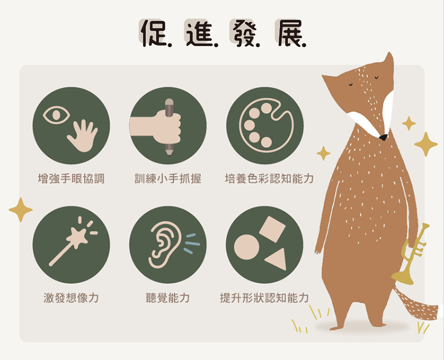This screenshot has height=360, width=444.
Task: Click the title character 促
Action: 154,33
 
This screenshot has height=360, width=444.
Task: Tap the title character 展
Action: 289,33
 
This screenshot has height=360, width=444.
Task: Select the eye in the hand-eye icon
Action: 56,115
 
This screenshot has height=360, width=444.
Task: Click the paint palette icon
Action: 266,126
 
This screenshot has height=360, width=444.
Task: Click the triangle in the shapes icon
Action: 276,259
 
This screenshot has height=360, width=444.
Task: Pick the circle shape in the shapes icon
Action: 246,247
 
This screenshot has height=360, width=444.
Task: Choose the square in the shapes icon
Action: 272,229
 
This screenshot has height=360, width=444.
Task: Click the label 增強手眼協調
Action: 71,179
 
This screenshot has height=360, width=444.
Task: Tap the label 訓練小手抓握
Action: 168,179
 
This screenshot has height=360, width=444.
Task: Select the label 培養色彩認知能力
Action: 269,179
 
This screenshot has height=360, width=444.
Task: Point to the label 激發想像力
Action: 71,298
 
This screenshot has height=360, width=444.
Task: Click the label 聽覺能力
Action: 168,298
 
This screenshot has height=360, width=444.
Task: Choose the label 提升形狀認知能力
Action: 265,298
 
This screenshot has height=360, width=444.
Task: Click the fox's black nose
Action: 383,137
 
